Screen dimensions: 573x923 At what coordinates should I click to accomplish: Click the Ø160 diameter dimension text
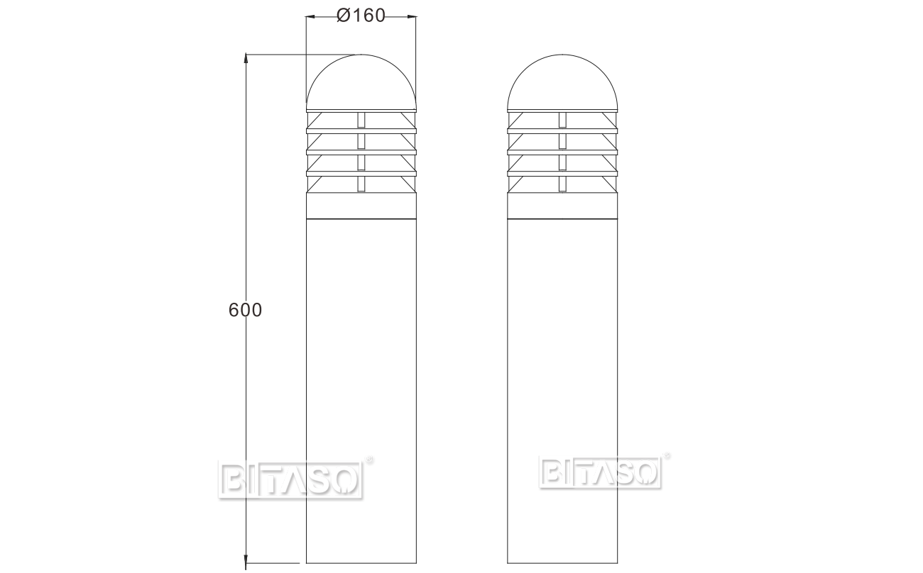[361, 15]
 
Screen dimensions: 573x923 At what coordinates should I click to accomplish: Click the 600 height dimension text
[246, 310]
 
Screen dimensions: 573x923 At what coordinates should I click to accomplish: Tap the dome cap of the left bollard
[361, 82]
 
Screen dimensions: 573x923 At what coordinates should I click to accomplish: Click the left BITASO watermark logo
[290, 479]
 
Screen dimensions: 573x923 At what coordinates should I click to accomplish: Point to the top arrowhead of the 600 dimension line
[246, 57]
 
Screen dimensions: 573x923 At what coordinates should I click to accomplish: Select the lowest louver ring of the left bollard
[361, 171]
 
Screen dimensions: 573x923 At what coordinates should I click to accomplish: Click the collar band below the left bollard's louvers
[361, 206]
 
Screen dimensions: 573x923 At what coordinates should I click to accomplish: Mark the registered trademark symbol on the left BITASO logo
[369, 462]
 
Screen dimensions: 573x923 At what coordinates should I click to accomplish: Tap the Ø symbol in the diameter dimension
[342, 15]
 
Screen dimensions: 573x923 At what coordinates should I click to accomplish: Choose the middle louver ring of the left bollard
[361, 150]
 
